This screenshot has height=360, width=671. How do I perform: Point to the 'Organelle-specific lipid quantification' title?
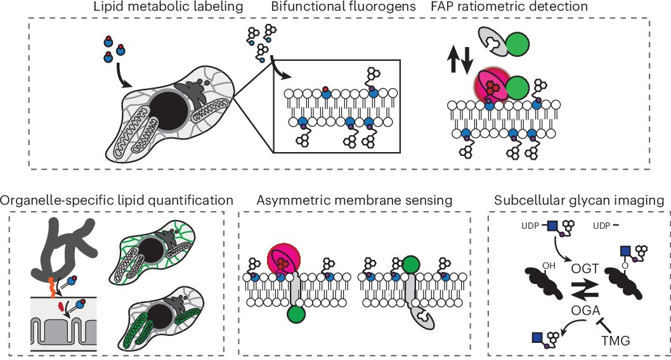117,201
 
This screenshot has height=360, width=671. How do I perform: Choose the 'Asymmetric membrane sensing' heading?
355,201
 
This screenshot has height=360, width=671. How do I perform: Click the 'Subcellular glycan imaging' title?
578,201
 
